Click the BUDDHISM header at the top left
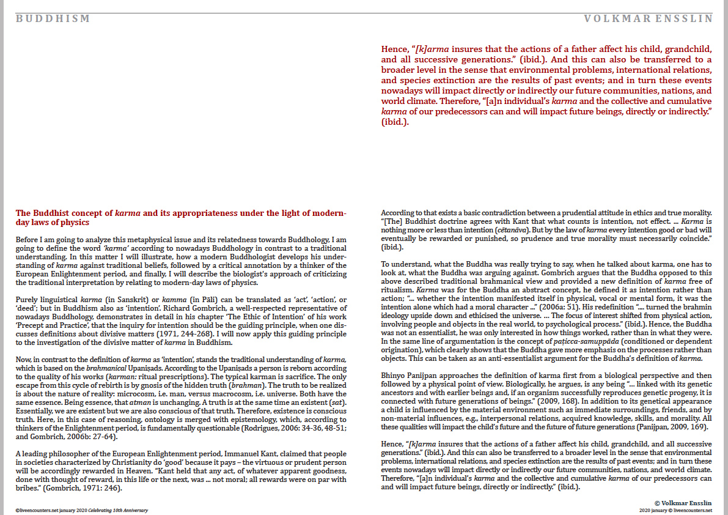pos(53,19)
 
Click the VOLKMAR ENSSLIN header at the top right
pos(649,19)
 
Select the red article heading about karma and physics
pos(181,218)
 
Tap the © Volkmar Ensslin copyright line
pos(683,501)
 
